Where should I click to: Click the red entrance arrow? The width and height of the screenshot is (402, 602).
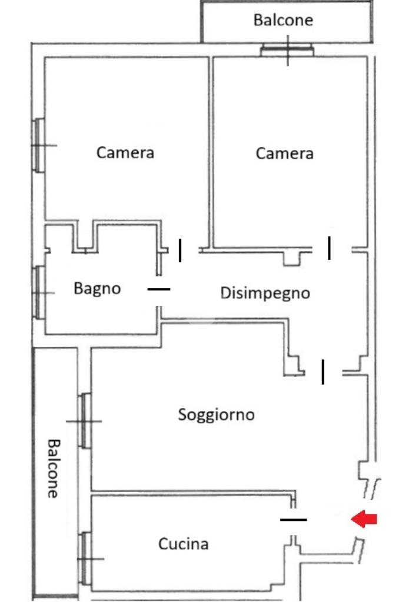coord(364,519)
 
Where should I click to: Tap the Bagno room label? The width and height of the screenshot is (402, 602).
coord(97,289)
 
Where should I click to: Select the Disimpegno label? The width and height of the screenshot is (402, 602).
coord(265,292)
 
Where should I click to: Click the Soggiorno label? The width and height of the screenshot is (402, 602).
coord(216,414)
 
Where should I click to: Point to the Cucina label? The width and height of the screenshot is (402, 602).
coord(183,544)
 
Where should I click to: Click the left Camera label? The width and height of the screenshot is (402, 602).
coord(125,153)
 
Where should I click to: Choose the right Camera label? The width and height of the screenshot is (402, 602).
coord(284,153)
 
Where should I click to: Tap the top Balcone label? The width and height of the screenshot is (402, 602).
coord(283,20)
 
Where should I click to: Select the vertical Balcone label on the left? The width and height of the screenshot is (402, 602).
coord(53,468)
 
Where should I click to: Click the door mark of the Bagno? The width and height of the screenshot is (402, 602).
coord(158,289)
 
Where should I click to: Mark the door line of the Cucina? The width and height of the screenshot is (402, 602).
coord(293,520)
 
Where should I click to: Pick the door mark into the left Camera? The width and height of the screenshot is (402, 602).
coord(180,250)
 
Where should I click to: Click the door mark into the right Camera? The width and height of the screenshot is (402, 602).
coord(329,248)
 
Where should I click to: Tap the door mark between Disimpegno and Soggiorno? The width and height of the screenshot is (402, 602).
coord(323,372)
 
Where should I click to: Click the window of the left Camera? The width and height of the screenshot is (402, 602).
coord(39,145)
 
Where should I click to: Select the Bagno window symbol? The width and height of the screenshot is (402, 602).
coord(39,292)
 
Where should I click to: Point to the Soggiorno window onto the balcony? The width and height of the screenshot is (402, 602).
coord(85,421)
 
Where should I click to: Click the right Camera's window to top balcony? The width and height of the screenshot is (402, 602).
coord(287,51)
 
